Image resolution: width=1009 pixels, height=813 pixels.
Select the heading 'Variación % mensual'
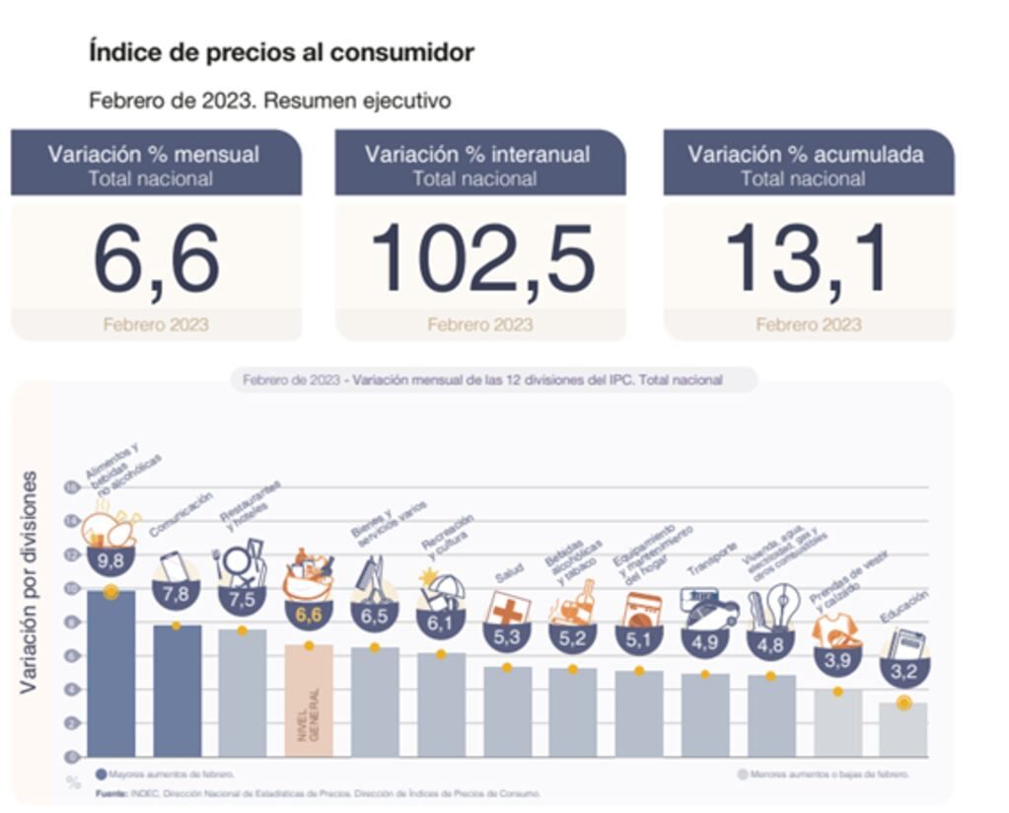(x=154, y=154)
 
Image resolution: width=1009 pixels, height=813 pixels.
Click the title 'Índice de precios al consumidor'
(x=281, y=52)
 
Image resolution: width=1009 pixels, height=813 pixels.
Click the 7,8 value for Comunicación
(x=176, y=595)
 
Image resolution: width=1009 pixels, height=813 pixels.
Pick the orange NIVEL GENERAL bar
(x=308, y=701)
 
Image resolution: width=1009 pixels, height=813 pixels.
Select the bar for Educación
(x=903, y=729)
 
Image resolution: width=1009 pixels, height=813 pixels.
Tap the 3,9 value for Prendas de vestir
(x=837, y=660)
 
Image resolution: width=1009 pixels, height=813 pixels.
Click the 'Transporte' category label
(x=713, y=559)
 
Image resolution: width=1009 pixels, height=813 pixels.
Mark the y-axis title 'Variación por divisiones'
(x=29, y=582)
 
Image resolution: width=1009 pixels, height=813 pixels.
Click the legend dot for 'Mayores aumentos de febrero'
(x=101, y=775)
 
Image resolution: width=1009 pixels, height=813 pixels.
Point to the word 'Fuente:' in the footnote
(x=111, y=793)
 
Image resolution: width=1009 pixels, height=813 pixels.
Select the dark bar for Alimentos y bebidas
(x=110, y=675)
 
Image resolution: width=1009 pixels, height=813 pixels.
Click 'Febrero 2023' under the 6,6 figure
(x=156, y=325)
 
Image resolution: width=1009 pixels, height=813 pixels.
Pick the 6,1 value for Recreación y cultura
(x=440, y=625)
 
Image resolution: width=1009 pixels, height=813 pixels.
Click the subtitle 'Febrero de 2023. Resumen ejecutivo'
(x=269, y=101)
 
